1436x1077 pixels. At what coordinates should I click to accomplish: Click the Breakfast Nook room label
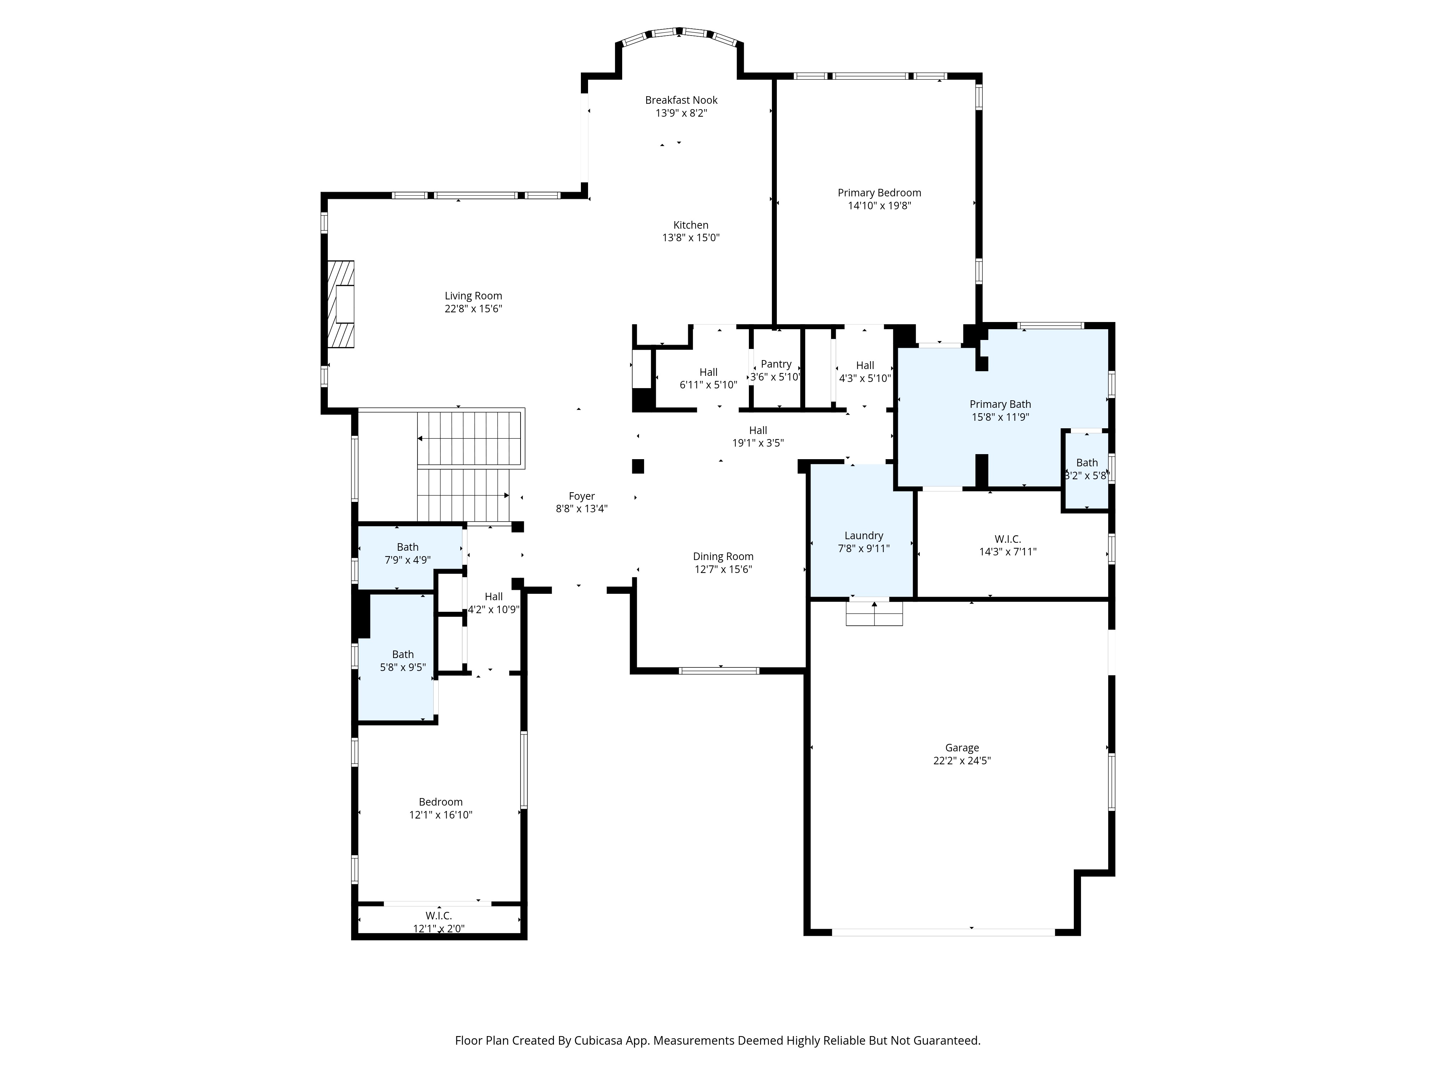681,100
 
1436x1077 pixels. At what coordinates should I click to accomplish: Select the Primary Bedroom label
879,193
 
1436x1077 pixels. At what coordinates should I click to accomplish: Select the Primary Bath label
1000,405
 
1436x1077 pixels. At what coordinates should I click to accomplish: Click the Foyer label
582,496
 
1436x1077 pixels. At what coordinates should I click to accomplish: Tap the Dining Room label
723,556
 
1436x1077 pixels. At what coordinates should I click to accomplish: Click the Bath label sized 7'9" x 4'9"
408,547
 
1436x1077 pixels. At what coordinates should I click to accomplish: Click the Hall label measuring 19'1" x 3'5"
757,430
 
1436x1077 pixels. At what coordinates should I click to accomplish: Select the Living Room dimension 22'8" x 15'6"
473,309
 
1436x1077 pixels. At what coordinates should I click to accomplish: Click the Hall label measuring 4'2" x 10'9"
493,597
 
